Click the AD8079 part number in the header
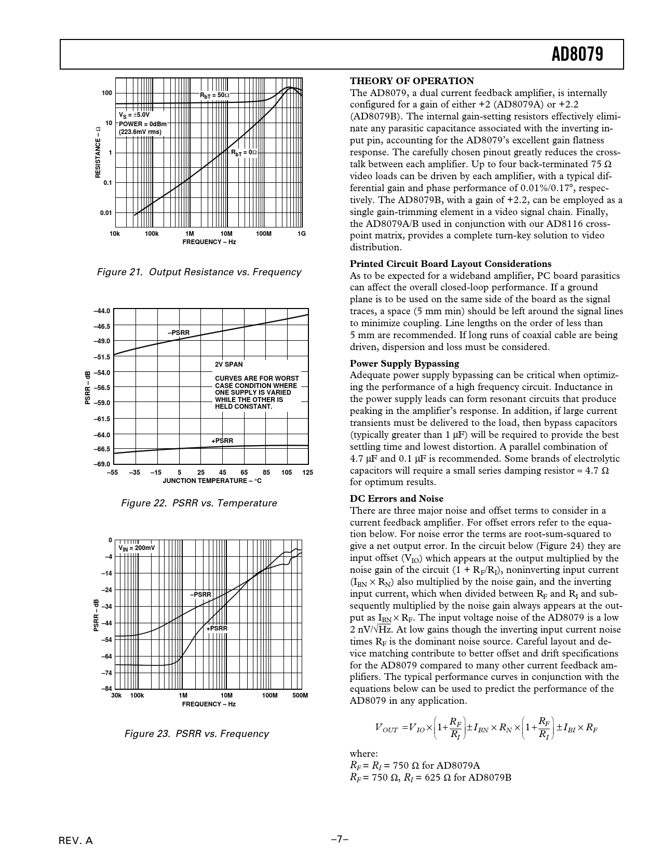point(577,54)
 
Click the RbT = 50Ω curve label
point(214,96)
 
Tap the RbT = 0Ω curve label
point(244,153)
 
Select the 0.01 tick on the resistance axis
point(106,213)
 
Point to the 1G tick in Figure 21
point(302,234)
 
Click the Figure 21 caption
point(199,272)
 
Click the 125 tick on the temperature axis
point(307,473)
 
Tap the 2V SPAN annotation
point(229,365)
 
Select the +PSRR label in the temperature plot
point(222,441)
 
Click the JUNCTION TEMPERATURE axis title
point(212,481)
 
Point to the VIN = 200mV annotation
point(137,548)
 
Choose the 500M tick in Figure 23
point(300,695)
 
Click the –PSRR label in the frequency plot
point(200,594)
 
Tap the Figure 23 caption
point(196,734)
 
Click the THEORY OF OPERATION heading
point(412,81)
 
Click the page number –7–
point(340,839)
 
